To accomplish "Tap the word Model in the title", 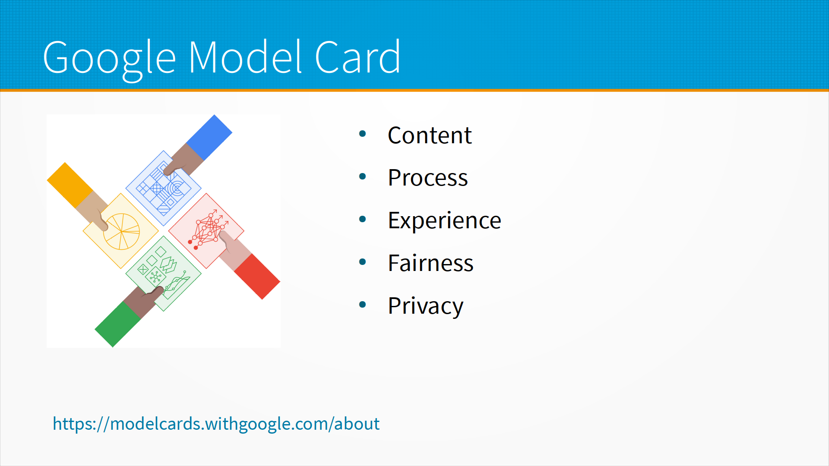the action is point(245,57).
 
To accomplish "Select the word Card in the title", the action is point(358,57).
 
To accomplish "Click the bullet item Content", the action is point(430,135).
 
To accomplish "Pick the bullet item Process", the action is point(427,178).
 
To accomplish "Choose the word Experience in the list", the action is point(444,221).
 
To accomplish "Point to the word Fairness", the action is point(430,263).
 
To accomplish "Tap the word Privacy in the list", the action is point(425,306).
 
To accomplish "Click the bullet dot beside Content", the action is point(363,134).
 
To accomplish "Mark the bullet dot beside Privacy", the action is point(363,305).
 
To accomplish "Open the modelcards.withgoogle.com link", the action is point(216,424).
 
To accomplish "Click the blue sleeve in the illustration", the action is point(209,138).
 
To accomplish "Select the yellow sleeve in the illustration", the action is point(70,185).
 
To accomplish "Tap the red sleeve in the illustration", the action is point(257,277).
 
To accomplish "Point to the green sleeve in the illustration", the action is point(118,324).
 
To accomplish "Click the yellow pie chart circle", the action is point(122,231).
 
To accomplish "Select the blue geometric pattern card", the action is point(163,188).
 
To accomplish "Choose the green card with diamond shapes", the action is point(163,274).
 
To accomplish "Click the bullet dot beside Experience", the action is point(363,219).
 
